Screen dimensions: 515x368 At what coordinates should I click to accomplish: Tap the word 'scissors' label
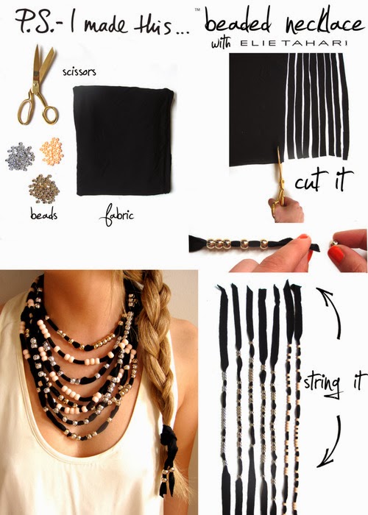(80, 72)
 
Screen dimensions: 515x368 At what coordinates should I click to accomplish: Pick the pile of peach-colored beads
(52, 150)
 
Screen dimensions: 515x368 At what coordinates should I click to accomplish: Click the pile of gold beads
(45, 189)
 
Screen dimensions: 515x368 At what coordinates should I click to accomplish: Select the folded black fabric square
(124, 140)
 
